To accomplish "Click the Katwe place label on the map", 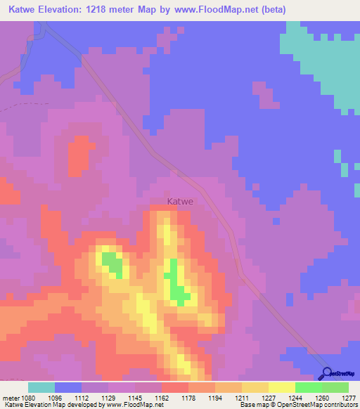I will point(181,201).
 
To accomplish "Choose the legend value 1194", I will point(215,398).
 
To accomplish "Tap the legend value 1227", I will point(268,398).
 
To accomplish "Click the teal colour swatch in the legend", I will point(41,387).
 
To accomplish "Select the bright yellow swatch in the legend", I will point(281,387).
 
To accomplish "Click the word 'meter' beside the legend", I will point(11,398).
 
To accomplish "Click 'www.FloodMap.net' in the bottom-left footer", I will point(143,405).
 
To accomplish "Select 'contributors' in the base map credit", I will point(341,405).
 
